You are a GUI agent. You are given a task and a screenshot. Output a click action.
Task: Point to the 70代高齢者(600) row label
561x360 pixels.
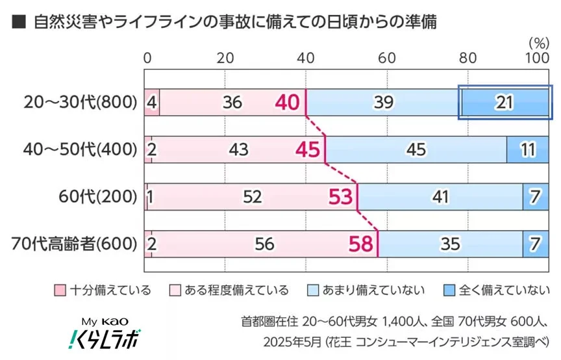[75, 244]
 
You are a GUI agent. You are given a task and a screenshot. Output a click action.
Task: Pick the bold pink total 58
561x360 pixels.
[361, 244]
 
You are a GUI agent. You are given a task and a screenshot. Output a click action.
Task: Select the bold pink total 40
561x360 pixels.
[286, 102]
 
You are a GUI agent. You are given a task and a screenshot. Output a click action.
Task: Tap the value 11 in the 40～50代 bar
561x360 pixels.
[527, 149]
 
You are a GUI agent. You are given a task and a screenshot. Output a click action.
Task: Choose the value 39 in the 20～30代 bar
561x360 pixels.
[382, 102]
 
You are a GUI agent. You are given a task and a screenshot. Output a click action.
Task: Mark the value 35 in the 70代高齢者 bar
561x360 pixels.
[450, 244]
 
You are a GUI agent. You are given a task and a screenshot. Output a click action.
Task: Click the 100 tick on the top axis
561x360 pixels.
[536, 58]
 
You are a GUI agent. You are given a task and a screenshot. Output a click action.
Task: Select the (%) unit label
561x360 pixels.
[538, 43]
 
